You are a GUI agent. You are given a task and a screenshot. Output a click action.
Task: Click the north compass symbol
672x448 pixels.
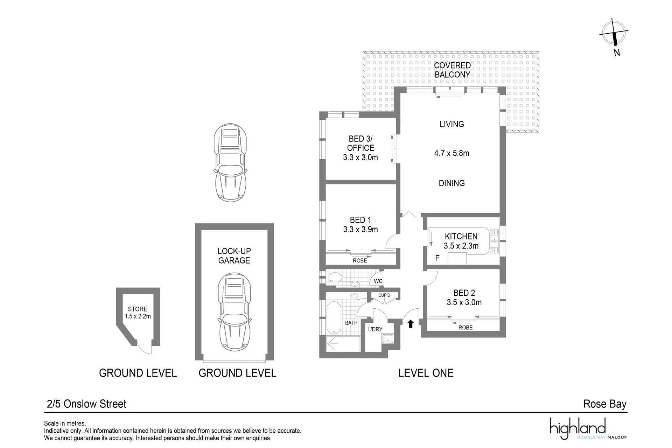[x=614, y=36]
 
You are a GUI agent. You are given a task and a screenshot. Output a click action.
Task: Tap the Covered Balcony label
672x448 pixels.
[x=452, y=70]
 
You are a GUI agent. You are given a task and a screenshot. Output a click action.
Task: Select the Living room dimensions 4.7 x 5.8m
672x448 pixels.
[x=451, y=153]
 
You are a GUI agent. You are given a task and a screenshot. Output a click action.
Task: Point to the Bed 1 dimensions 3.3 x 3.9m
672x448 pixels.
[x=360, y=230]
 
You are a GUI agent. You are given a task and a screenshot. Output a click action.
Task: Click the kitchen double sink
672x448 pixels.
[x=494, y=242]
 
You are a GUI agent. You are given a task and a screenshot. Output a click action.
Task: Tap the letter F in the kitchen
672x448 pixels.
[x=437, y=259]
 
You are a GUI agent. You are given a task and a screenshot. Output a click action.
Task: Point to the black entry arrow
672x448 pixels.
[x=411, y=324]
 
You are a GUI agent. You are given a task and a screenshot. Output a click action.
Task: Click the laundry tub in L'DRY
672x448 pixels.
[x=388, y=339]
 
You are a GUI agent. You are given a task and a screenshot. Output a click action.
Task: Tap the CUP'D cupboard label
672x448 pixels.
[x=384, y=295]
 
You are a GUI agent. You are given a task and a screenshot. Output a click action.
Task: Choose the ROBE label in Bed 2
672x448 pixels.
[x=465, y=328]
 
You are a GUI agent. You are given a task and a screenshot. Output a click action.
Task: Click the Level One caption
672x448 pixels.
[x=426, y=373]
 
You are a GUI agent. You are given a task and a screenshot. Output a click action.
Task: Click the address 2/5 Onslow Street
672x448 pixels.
[x=86, y=404]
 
